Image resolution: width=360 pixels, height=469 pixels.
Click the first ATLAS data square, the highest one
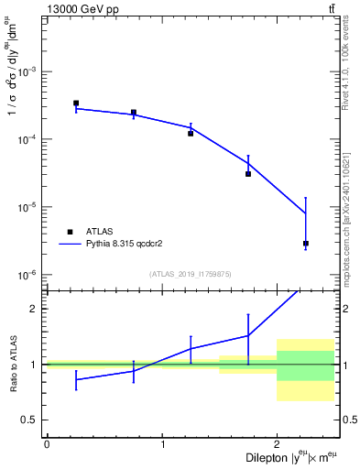pyautogui.click(x=76, y=104)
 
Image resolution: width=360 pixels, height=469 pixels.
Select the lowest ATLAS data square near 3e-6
pyautogui.click(x=306, y=244)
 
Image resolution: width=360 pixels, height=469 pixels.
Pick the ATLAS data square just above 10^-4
pyautogui.click(x=191, y=134)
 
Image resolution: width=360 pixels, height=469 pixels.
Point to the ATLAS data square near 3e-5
pyautogui.click(x=248, y=174)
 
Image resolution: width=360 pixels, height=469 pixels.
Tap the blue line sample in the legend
pyautogui.click(x=70, y=245)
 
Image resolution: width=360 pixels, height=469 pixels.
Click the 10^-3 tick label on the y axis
pyautogui.click(x=29, y=71)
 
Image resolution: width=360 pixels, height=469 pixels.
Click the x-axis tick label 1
pyautogui.click(x=162, y=444)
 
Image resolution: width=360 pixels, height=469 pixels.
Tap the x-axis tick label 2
pyautogui.click(x=277, y=444)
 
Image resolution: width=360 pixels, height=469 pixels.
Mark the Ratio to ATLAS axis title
pyautogui.click(x=12, y=364)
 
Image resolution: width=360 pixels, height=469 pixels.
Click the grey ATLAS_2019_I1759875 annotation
pyautogui.click(x=191, y=273)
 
